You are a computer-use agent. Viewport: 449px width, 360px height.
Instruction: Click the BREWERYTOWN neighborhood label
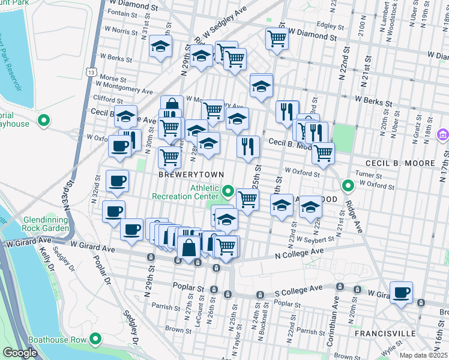tap(191, 174)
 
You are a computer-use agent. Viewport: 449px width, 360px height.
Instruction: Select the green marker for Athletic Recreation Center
tap(228, 192)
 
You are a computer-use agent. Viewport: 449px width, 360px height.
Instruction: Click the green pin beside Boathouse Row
tap(94, 339)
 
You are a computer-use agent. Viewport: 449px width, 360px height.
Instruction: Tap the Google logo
tap(20, 353)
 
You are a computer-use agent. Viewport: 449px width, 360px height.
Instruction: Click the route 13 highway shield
tap(91, 71)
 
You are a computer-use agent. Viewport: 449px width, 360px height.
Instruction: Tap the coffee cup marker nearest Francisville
tap(402, 293)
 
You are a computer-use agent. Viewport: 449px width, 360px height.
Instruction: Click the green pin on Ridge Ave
tap(348, 185)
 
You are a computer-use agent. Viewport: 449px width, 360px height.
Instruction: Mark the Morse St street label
tap(113, 78)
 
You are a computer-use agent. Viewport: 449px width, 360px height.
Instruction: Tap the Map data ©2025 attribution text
tap(422, 355)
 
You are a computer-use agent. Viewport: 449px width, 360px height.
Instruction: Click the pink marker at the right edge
tap(443, 134)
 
